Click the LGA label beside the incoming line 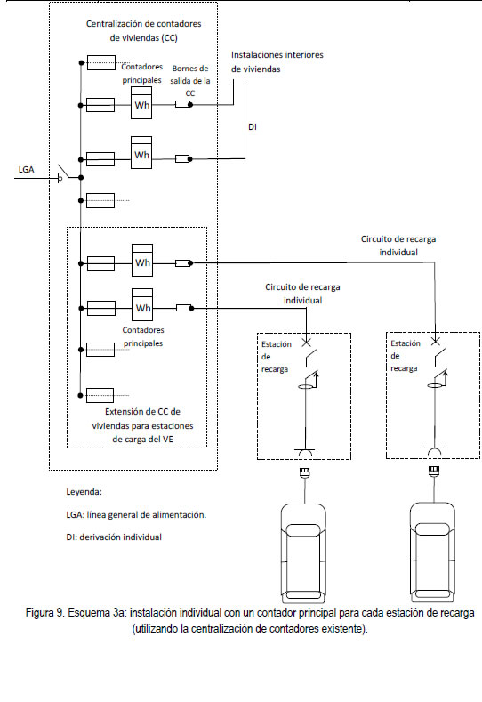(26, 170)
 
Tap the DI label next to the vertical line (253, 127)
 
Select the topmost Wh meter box (141, 103)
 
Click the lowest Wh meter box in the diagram (142, 305)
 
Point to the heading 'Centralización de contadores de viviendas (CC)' (144, 31)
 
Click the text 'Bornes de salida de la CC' (190, 81)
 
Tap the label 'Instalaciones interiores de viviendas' (277, 61)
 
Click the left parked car (303, 553)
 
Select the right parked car (433, 553)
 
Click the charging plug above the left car (305, 472)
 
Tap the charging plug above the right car (434, 472)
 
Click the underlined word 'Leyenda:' (84, 492)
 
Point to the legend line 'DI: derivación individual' (114, 537)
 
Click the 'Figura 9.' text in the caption (45, 612)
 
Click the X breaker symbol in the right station (435, 342)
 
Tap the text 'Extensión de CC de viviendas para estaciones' (143, 418)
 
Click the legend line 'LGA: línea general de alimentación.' (136, 515)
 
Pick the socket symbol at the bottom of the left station (304, 452)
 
